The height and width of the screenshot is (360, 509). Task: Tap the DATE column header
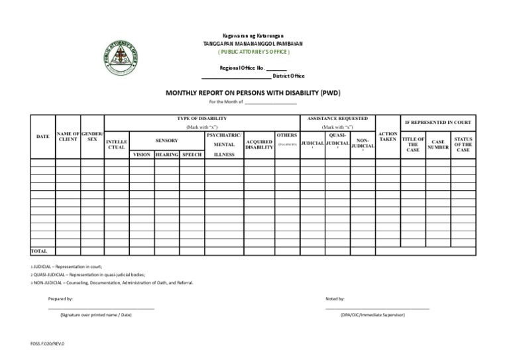(x=42, y=137)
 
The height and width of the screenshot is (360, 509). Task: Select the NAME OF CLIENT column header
(x=68, y=137)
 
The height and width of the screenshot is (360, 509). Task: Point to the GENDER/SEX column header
(x=93, y=137)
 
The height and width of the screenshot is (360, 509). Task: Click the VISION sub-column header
(x=142, y=154)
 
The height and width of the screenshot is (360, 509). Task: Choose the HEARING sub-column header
(x=166, y=154)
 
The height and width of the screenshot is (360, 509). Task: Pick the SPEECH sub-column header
(x=192, y=154)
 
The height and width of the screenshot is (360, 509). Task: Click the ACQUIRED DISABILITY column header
(x=259, y=144)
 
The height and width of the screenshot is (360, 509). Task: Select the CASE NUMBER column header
(x=438, y=145)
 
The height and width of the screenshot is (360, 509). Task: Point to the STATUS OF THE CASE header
(x=463, y=145)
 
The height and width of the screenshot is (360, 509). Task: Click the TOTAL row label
(x=39, y=251)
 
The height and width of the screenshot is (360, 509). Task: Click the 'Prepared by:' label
(x=60, y=300)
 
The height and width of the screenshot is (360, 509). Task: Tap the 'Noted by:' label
(x=335, y=300)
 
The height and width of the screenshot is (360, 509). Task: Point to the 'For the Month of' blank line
(x=270, y=102)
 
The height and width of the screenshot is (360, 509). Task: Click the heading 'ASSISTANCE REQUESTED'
(x=337, y=118)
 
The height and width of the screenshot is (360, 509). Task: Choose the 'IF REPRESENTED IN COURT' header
(x=437, y=123)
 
